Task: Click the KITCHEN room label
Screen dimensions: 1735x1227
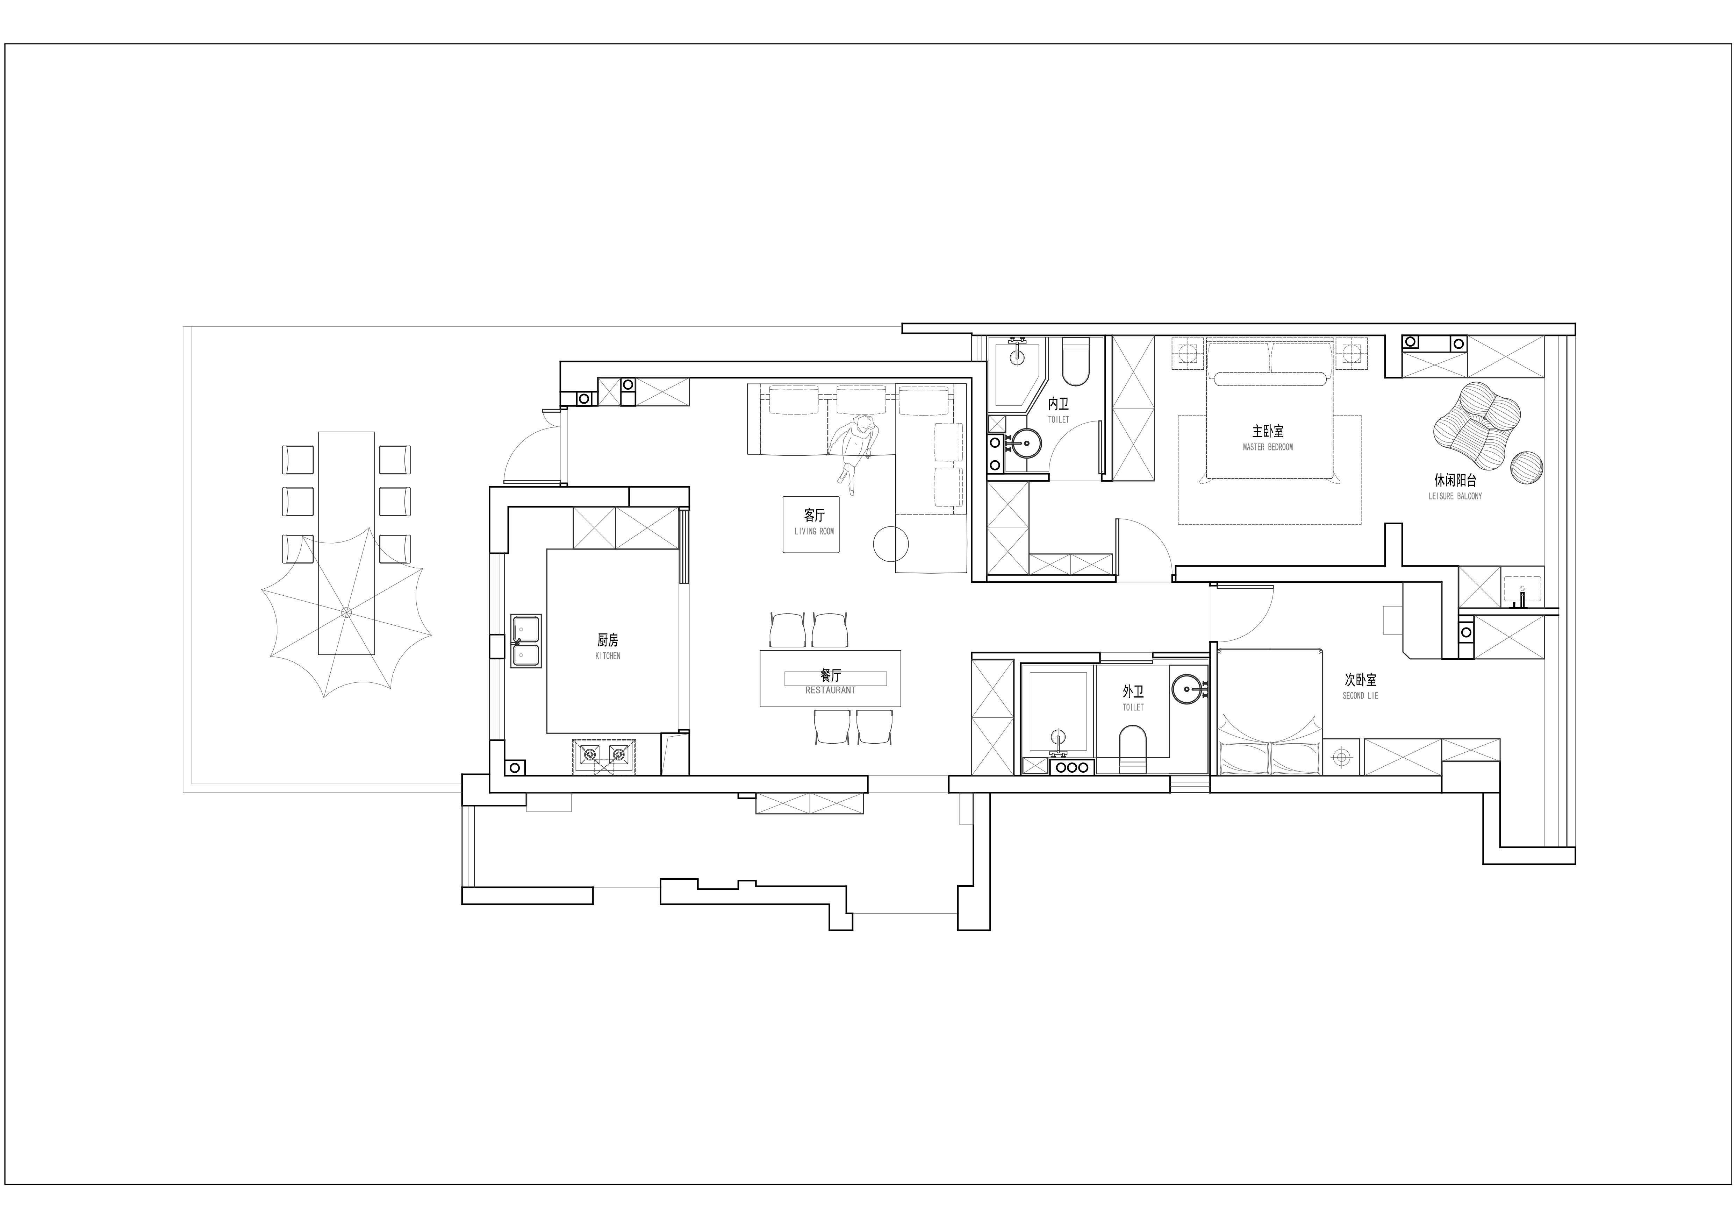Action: click(x=608, y=656)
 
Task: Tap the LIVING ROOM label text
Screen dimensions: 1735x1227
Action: click(x=814, y=531)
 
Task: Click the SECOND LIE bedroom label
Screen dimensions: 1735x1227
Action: click(x=1360, y=696)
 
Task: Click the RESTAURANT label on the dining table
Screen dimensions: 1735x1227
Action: click(x=831, y=690)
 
